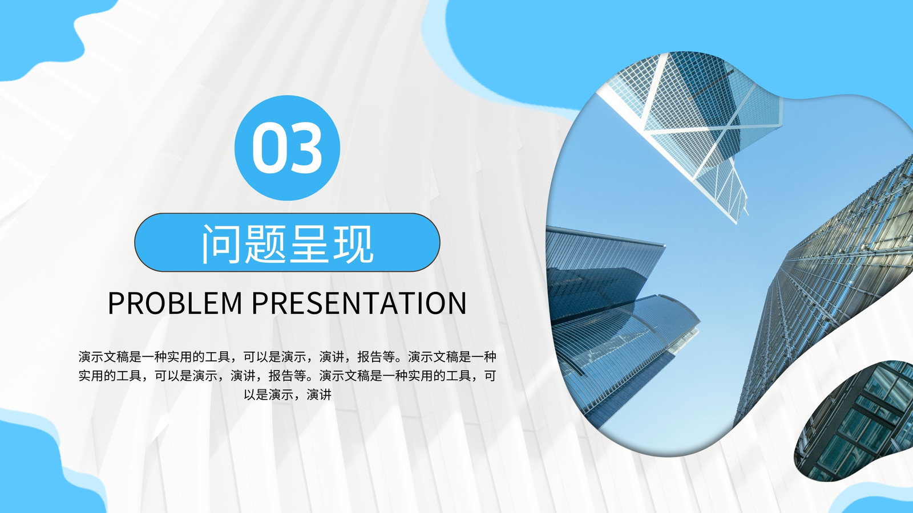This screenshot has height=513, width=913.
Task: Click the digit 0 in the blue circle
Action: [x=269, y=148]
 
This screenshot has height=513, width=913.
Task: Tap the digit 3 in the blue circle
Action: [x=305, y=148]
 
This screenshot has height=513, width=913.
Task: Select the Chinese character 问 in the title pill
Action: [x=221, y=243]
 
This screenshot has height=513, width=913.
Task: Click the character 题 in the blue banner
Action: [x=265, y=243]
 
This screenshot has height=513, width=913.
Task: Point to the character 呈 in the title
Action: [x=309, y=243]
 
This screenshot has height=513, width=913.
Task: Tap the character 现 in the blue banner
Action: [x=353, y=243]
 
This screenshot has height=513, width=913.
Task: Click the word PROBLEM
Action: [x=175, y=303]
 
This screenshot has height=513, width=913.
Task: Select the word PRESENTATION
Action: [x=359, y=303]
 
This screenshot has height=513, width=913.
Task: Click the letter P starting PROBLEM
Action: [x=116, y=303]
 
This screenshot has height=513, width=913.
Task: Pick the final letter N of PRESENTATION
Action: [x=457, y=303]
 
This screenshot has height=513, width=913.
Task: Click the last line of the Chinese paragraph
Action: [x=288, y=394]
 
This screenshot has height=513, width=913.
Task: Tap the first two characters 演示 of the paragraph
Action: [x=91, y=357]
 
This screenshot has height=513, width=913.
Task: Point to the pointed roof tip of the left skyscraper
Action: [x=664, y=245]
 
